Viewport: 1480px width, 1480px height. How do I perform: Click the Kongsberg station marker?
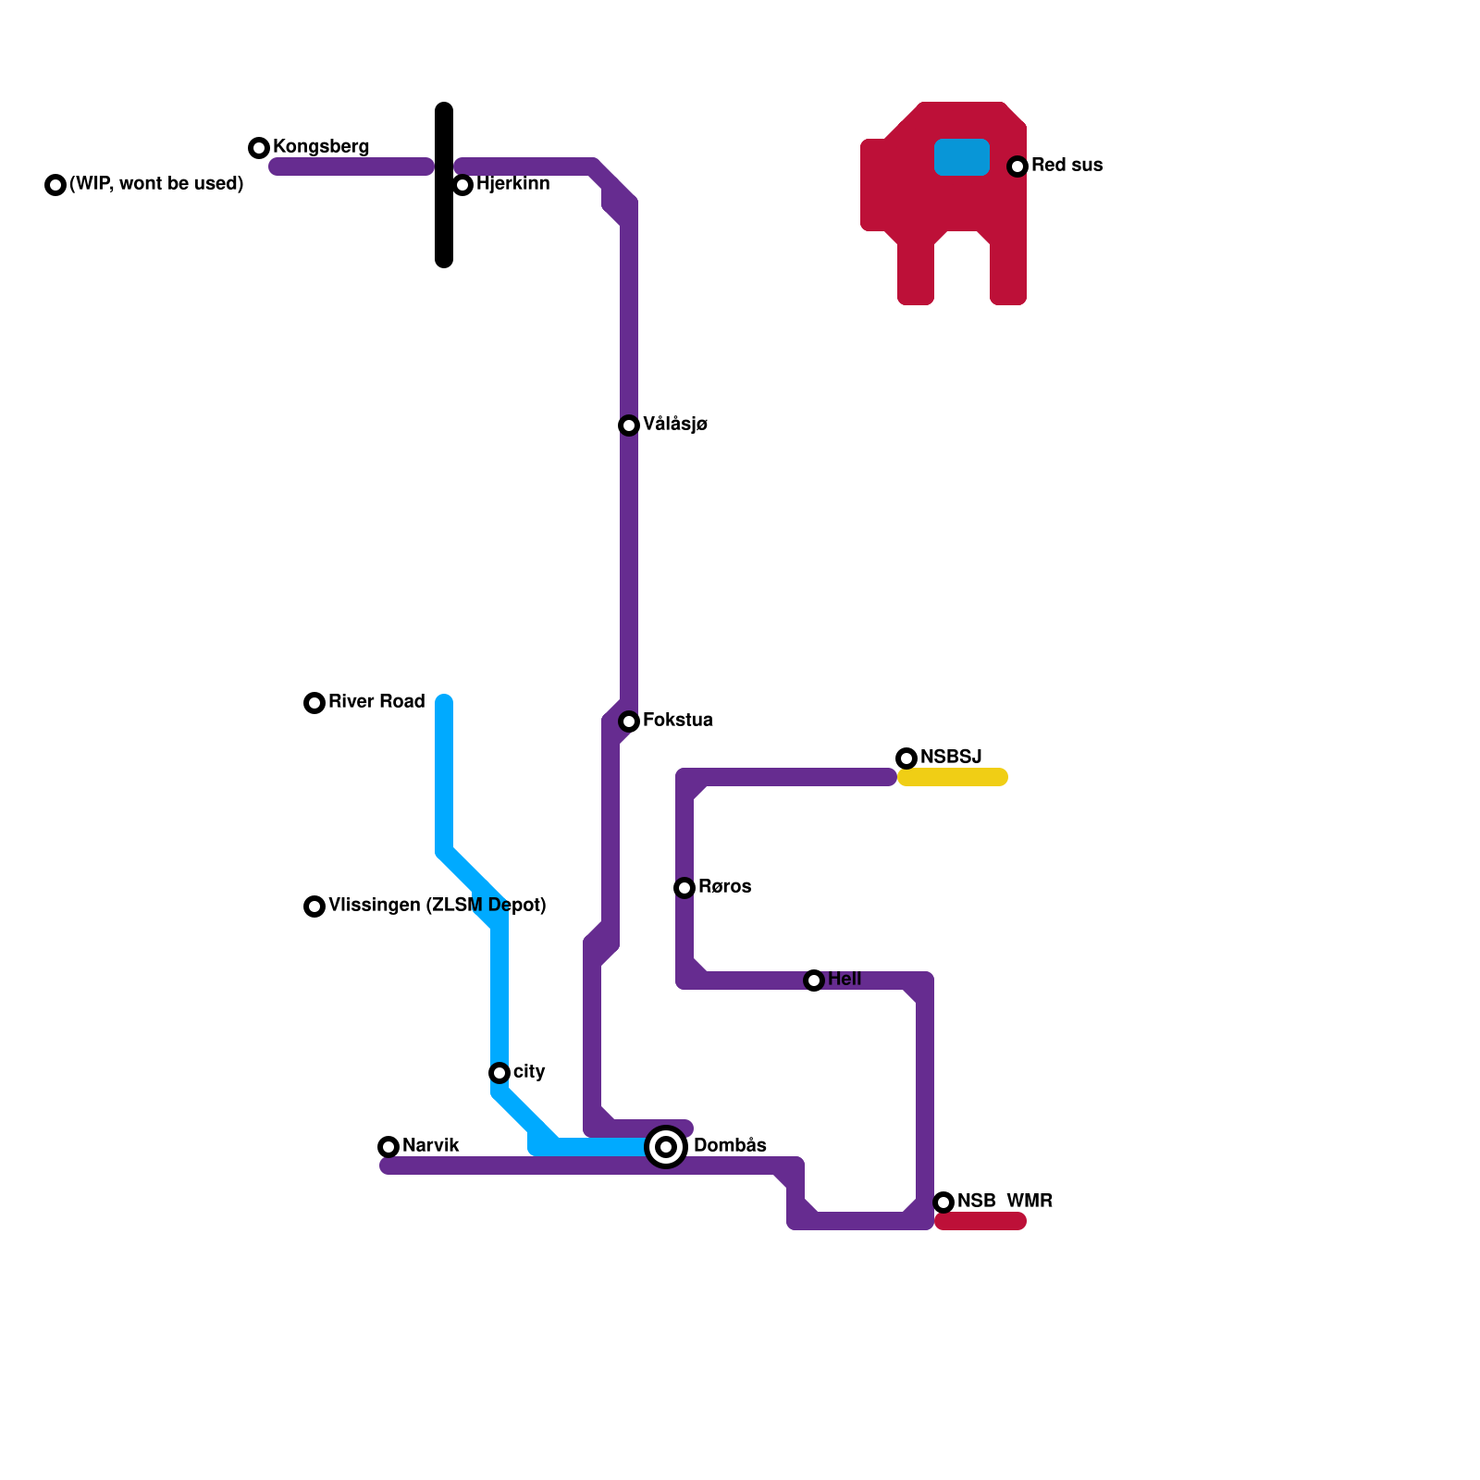click(259, 148)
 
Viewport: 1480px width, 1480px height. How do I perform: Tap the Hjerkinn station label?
click(512, 184)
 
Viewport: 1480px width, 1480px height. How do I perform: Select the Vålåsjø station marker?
click(629, 425)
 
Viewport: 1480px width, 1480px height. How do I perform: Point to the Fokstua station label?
click(677, 721)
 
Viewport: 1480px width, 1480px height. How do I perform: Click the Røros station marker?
click(684, 888)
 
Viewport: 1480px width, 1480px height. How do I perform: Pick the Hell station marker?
click(814, 980)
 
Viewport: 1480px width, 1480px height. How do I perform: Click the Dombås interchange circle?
click(666, 1147)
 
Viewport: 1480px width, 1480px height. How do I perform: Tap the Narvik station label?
click(431, 1146)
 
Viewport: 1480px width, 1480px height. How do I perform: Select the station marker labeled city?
click(499, 1073)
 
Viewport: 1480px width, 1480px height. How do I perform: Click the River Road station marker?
click(314, 703)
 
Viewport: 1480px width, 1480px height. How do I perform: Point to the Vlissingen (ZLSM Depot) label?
click(437, 906)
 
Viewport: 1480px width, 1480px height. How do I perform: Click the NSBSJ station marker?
click(906, 758)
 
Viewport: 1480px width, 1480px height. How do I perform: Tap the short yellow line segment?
click(953, 777)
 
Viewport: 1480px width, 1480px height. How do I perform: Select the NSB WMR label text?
click(1005, 1202)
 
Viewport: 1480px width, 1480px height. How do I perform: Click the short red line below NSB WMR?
click(980, 1222)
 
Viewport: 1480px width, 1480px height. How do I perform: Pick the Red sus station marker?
click(1017, 166)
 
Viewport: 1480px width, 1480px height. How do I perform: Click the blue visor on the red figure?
click(962, 157)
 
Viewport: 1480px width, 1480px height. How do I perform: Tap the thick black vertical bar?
click(444, 185)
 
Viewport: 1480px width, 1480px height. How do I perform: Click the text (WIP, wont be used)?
click(156, 184)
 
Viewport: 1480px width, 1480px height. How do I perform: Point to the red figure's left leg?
click(916, 273)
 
